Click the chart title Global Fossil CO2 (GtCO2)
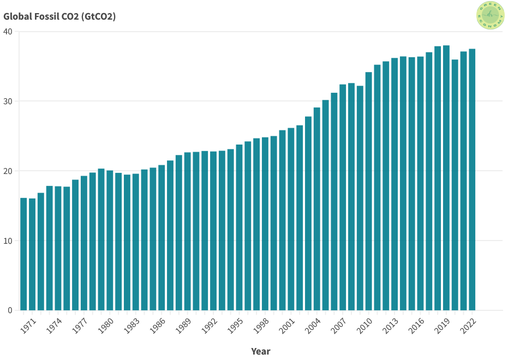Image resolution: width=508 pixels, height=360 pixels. coord(59,16)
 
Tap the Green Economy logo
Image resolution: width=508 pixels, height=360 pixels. coord(490,15)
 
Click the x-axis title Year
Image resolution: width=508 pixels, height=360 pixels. coord(260,351)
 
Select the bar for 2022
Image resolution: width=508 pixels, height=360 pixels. coord(472,179)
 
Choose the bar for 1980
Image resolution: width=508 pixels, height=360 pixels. coord(110,240)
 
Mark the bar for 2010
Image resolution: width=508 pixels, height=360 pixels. coord(369,191)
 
